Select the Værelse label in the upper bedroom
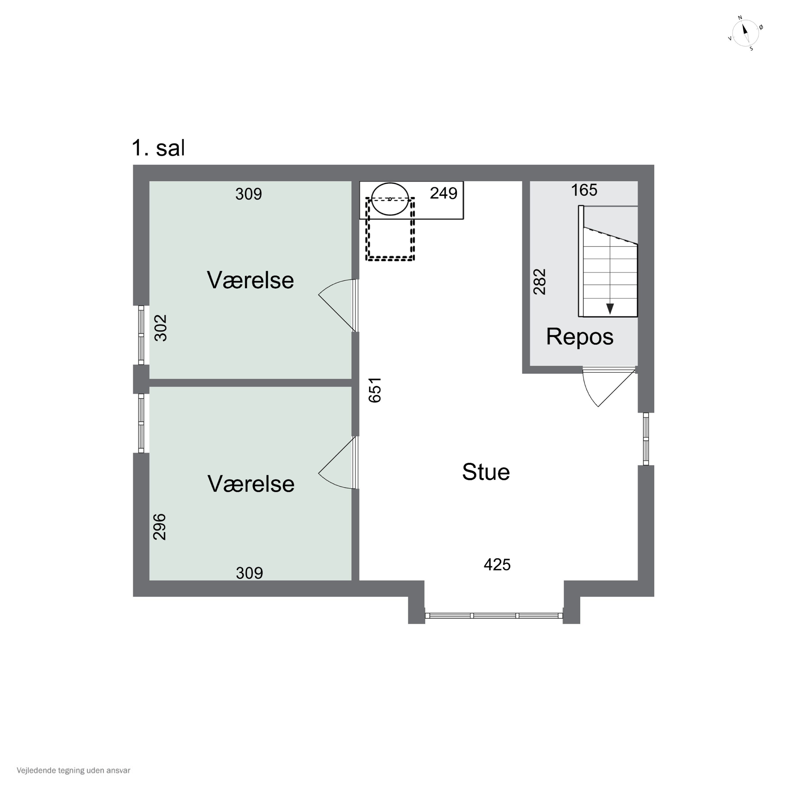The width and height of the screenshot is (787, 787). tap(251, 280)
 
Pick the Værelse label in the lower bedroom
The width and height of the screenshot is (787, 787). tap(251, 484)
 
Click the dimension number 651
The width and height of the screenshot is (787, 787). tap(375, 390)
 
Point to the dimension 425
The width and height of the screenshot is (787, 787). tap(497, 565)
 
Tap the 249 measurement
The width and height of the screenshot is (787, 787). tap(444, 193)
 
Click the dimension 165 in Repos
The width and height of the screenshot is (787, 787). tap(584, 190)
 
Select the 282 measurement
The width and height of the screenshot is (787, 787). tap(539, 281)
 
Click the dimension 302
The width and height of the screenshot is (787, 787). tap(161, 327)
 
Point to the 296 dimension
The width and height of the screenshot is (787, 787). tap(159, 527)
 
